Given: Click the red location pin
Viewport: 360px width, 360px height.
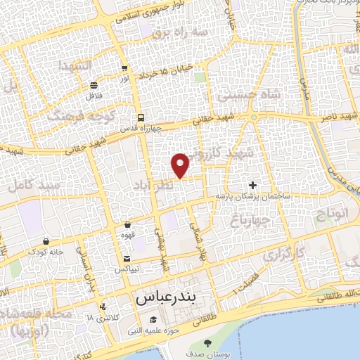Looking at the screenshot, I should click(x=181, y=164).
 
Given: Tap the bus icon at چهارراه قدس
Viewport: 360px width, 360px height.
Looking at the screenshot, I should click(x=141, y=117).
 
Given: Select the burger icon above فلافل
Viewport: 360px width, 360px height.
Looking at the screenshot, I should click(x=94, y=85).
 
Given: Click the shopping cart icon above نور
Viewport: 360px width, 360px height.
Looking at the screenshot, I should click(x=124, y=69).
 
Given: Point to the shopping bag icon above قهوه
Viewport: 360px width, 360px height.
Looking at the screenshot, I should click(x=127, y=225).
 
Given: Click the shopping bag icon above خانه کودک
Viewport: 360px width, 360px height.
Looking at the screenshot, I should click(x=46, y=240).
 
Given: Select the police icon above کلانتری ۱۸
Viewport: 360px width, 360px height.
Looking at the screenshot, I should click(x=103, y=307).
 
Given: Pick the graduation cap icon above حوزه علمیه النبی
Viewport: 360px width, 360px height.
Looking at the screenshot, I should click(x=151, y=319).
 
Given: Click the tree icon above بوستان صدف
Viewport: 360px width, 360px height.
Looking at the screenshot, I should click(x=207, y=343).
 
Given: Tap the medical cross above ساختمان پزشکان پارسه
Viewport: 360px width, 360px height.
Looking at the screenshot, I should click(x=253, y=185).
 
